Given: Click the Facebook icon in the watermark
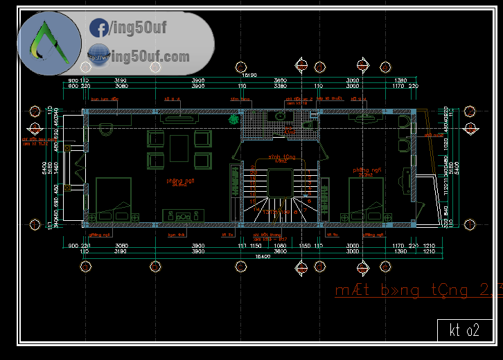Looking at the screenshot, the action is (98, 28).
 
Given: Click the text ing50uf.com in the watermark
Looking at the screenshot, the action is (149, 56).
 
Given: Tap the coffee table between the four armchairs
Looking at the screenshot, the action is (179, 150).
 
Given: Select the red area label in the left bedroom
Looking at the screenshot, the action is (179, 182).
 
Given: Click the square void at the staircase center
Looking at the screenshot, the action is (281, 183).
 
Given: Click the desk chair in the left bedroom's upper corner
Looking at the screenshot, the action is (107, 129).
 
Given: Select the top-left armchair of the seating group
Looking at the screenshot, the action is (156, 139).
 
